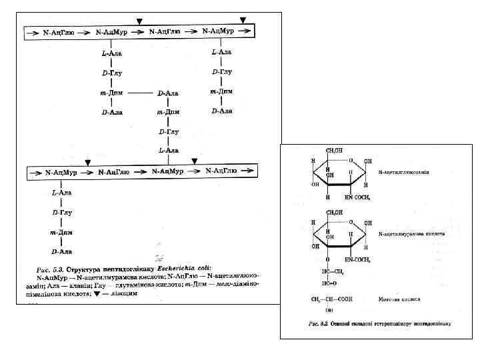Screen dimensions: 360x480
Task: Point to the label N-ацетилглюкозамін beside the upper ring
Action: [x=404, y=172]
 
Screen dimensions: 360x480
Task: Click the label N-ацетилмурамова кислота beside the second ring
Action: [x=410, y=235]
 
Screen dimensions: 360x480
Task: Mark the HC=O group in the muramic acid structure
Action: [x=329, y=283]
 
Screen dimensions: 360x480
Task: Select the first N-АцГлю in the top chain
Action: [x=58, y=31]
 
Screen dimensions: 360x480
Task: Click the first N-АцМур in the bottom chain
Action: [x=58, y=172]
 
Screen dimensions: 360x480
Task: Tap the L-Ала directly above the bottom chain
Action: [x=168, y=151]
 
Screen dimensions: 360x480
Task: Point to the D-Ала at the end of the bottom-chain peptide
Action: [x=62, y=251]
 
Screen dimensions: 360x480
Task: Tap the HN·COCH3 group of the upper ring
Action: [x=358, y=197]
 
